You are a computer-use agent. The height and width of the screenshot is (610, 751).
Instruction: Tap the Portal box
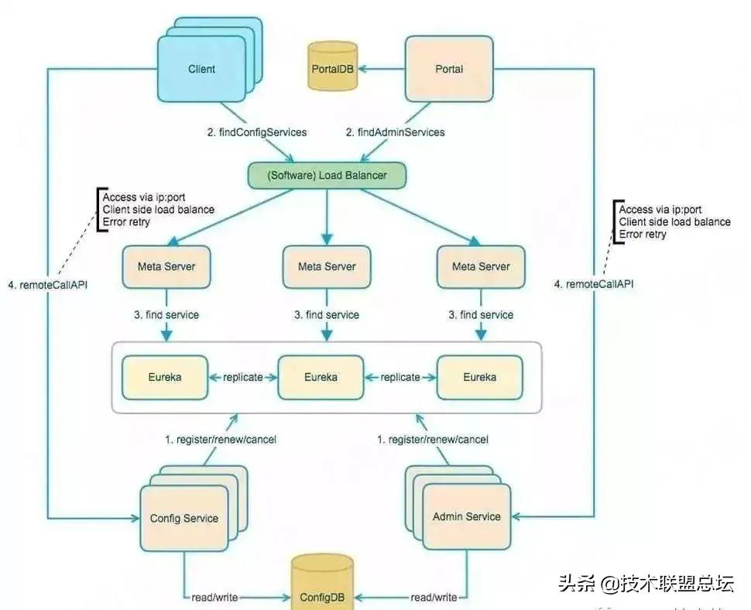tap(449, 69)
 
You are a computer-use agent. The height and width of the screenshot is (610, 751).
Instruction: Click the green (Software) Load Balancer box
tap(327, 175)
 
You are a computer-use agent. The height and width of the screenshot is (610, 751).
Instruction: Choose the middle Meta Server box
tap(326, 267)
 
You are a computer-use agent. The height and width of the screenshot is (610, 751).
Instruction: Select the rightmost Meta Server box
tap(481, 267)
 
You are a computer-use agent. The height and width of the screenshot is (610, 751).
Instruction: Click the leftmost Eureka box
tap(165, 377)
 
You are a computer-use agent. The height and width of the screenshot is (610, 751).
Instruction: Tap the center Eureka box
tap(320, 377)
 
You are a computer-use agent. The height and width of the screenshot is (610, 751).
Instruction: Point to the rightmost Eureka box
tap(479, 377)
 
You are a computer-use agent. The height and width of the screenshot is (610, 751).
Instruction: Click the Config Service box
tap(184, 519)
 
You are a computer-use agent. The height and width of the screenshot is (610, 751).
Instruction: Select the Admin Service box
tap(466, 516)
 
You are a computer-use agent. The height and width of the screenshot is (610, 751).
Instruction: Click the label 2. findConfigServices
tap(256, 132)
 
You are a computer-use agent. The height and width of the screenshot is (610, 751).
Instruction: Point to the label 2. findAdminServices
tap(395, 132)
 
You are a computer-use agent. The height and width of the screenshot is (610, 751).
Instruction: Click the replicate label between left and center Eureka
tap(242, 377)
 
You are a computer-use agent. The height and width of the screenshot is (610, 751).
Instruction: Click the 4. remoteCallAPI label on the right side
tap(594, 284)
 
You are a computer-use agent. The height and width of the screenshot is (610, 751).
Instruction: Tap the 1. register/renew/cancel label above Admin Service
tap(433, 439)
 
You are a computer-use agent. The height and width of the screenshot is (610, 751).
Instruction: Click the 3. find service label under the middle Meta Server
tap(326, 314)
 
